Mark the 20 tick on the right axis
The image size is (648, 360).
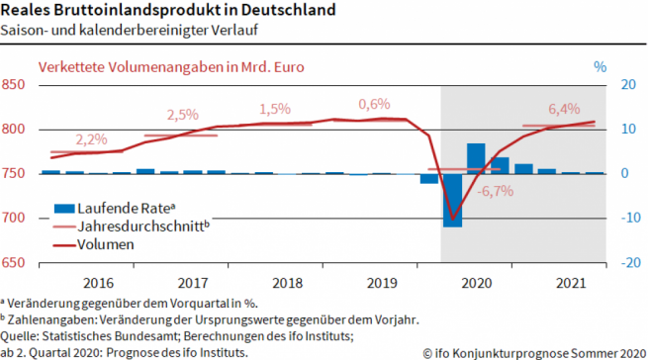point(625,85)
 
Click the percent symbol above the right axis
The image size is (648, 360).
point(600,66)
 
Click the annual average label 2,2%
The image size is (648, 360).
point(91,138)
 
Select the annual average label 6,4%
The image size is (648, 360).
point(564,109)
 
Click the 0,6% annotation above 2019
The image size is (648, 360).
point(374,104)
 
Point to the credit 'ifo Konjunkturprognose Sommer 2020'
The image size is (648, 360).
point(535,351)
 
